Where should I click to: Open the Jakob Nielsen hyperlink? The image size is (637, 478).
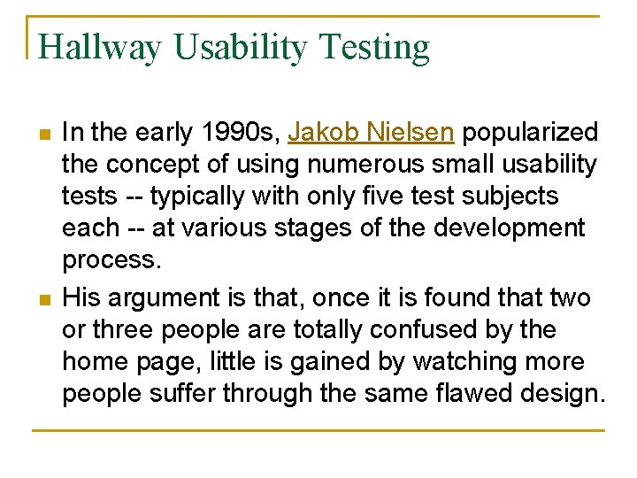pyautogui.click(x=372, y=133)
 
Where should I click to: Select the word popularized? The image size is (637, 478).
pyautogui.click(x=531, y=133)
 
